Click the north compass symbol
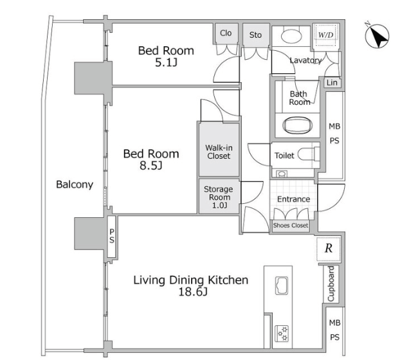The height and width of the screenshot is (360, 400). tap(377, 36)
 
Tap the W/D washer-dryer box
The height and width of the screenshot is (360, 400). tap(326, 35)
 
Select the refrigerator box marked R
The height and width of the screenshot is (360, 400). tap(329, 249)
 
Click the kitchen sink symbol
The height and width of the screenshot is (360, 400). tap(282, 285)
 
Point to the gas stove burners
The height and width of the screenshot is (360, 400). tap(282, 334)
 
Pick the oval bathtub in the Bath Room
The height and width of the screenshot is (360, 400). tap(298, 125)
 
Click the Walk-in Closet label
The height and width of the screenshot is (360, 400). tap(219, 152)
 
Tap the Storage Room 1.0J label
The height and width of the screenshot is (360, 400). tap(219, 197)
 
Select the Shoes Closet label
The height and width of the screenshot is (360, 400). tap(291, 226)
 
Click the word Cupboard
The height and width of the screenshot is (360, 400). tap(331, 283)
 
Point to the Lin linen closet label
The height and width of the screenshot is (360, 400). tap(332, 82)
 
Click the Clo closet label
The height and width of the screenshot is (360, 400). tap(226, 33)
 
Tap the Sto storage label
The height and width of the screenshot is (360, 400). tap(255, 35)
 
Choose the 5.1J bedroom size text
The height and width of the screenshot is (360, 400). tap(166, 62)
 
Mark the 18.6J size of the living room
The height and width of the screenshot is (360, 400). tap(192, 291)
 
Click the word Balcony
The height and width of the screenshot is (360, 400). tap(75, 184)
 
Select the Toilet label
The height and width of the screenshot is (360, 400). tap(284, 156)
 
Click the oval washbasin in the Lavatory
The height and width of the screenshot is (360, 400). tap(292, 35)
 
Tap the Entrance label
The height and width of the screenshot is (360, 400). tap(294, 199)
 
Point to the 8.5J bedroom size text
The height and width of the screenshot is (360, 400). tap(150, 166)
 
